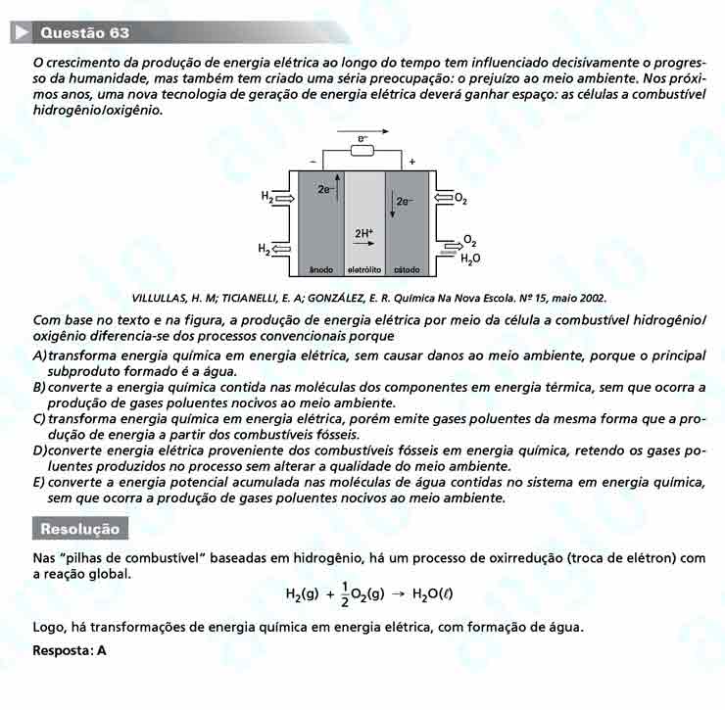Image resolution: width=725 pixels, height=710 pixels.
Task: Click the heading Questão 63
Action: (x=85, y=33)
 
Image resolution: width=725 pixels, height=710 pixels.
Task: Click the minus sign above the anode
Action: (x=314, y=162)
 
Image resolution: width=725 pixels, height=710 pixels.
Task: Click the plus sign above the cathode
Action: (x=411, y=162)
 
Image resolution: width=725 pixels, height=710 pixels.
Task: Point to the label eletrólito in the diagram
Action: (x=363, y=268)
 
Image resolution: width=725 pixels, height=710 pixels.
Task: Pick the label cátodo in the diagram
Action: (x=407, y=268)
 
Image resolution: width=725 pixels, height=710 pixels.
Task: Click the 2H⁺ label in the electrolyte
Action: (x=363, y=233)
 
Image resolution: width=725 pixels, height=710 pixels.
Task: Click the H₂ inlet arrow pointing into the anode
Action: (x=285, y=198)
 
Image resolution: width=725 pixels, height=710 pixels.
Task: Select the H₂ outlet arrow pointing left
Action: (x=283, y=250)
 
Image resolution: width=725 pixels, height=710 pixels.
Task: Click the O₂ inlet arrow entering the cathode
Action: (x=443, y=199)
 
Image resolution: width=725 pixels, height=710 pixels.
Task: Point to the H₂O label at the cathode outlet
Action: (x=470, y=260)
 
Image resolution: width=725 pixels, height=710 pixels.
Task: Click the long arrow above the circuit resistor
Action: (x=362, y=131)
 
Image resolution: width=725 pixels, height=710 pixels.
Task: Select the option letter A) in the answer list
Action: (x=39, y=355)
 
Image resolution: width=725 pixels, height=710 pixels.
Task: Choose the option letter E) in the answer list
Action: (x=39, y=483)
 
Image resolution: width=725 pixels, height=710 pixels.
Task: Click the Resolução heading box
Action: (x=79, y=530)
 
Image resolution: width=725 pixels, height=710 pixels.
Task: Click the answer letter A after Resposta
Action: (x=102, y=649)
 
